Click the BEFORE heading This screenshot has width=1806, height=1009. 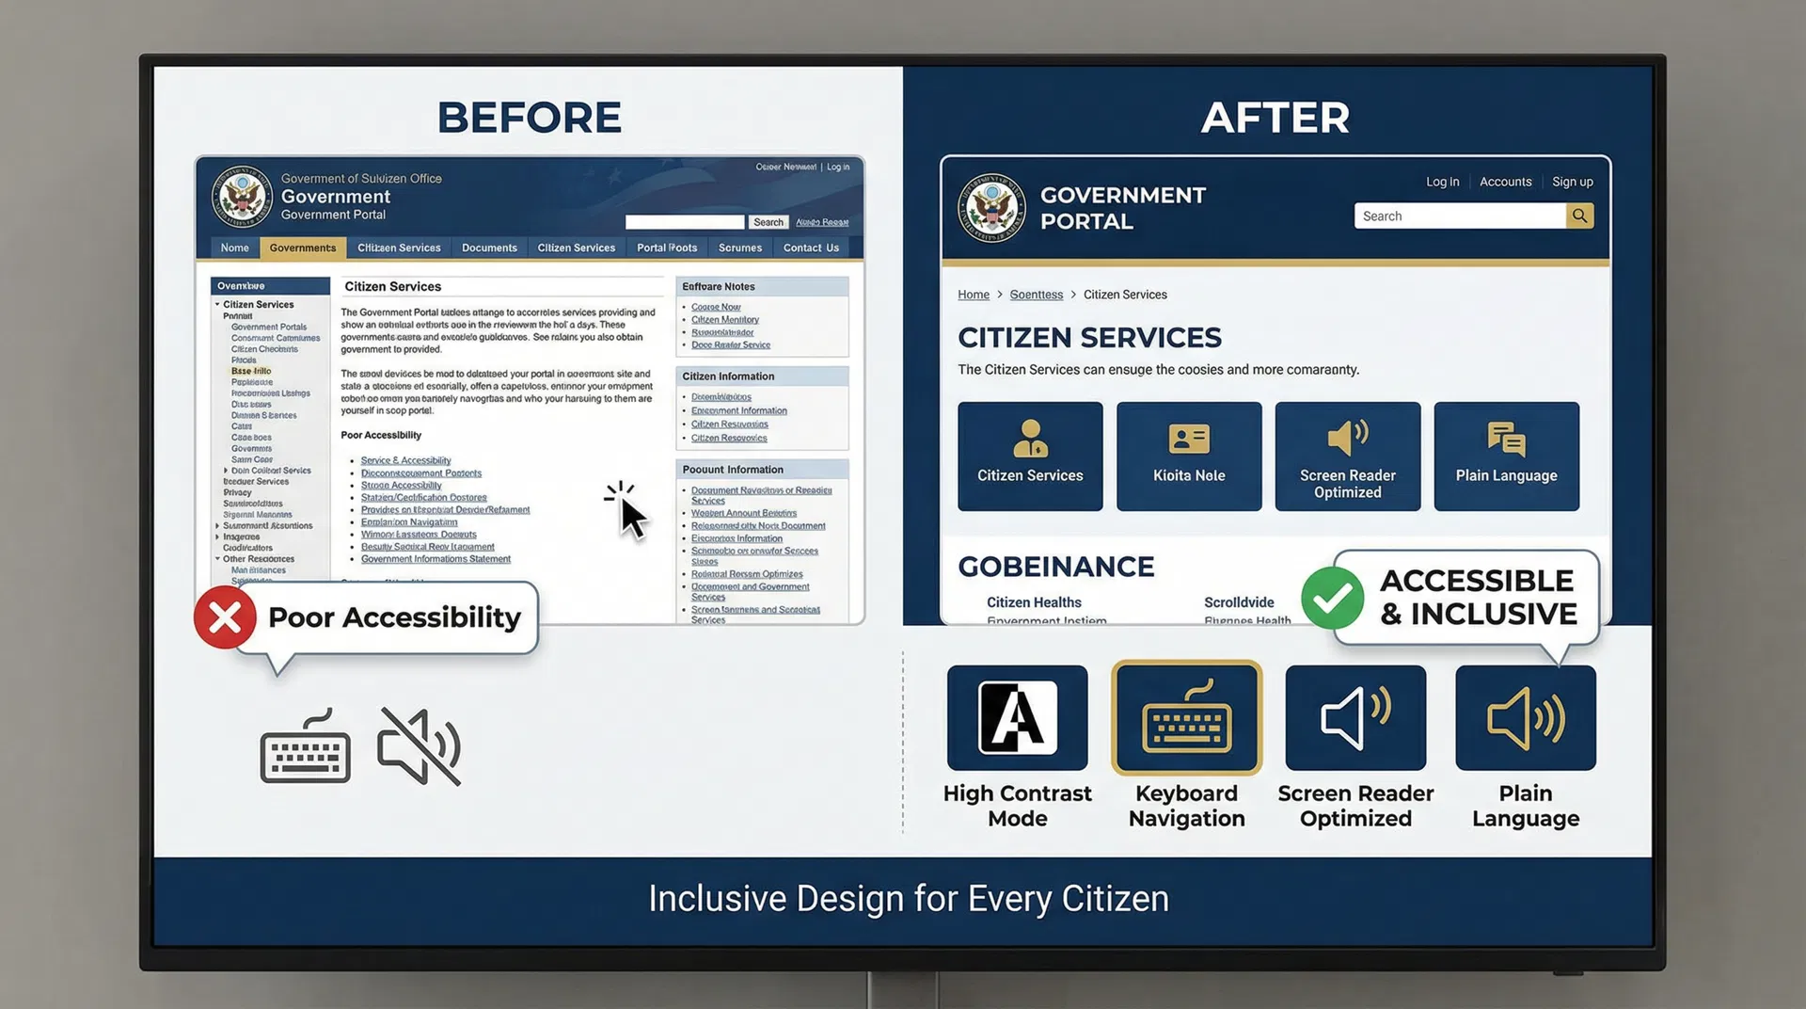click(x=529, y=118)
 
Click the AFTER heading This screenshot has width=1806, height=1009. click(x=1275, y=118)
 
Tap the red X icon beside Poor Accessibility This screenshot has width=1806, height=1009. click(x=225, y=617)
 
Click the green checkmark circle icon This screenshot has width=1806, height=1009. click(x=1332, y=598)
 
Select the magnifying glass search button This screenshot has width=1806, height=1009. click(x=1579, y=216)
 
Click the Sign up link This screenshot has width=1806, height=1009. click(x=1572, y=182)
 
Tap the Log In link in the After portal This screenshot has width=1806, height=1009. click(x=1442, y=182)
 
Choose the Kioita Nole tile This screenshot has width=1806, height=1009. click(x=1189, y=456)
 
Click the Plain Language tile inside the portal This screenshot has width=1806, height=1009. click(x=1506, y=456)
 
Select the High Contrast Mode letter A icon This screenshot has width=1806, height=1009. click(x=1018, y=717)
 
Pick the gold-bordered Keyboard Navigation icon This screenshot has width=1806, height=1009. click(x=1186, y=717)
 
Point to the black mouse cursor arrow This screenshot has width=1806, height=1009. click(x=632, y=517)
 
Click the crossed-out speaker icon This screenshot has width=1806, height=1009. click(x=420, y=746)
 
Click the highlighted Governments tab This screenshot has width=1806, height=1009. click(x=302, y=248)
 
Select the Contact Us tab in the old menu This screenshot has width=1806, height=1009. click(x=811, y=248)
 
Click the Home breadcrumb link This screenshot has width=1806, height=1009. click(x=974, y=295)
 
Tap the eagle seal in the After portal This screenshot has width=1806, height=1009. click(x=991, y=208)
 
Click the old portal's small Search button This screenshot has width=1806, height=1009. click(x=768, y=222)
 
